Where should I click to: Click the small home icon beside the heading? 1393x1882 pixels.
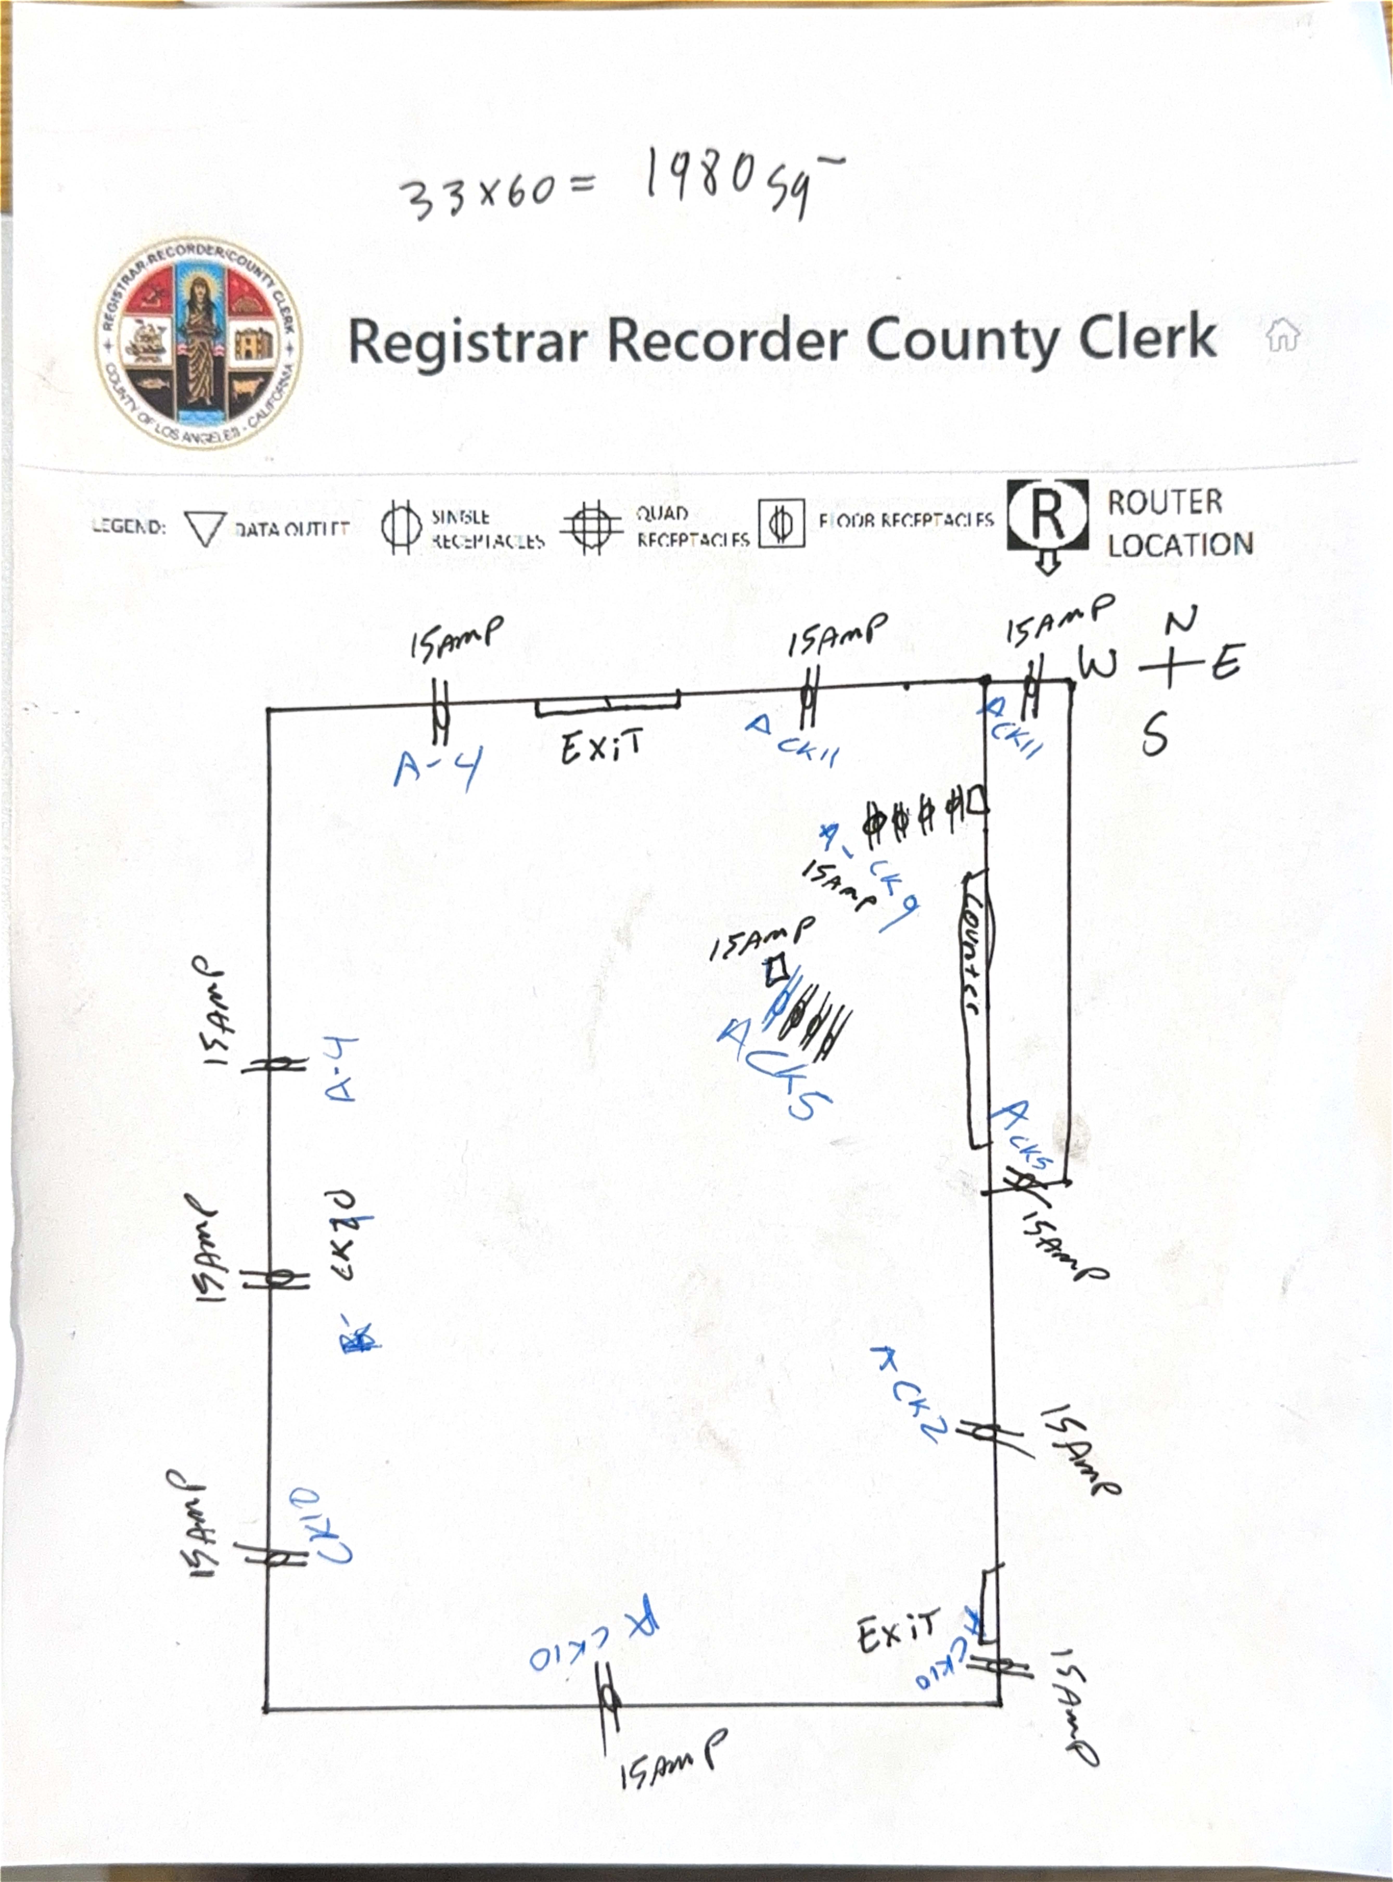(1282, 335)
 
